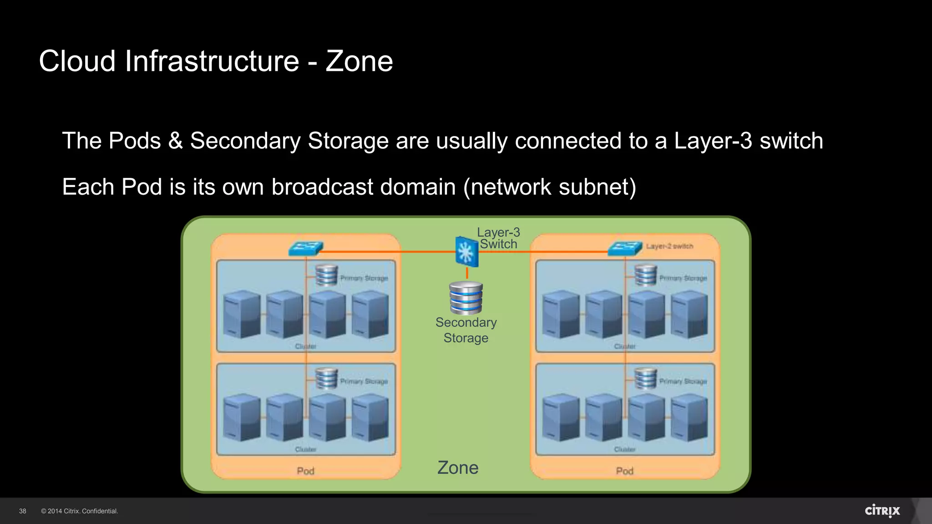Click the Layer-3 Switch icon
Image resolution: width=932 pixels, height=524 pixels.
pyautogui.click(x=466, y=252)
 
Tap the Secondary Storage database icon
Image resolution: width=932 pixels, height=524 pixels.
pyautogui.click(x=466, y=298)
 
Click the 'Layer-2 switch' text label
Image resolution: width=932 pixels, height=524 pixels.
pyautogui.click(x=669, y=246)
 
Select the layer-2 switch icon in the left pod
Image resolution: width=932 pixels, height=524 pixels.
pyautogui.click(x=306, y=248)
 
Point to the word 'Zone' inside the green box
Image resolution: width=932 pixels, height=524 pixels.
pyautogui.click(x=457, y=468)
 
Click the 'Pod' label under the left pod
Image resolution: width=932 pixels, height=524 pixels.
pyautogui.click(x=305, y=471)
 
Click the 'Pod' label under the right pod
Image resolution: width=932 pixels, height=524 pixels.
pyautogui.click(x=624, y=471)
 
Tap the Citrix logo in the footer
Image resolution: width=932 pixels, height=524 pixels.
pyautogui.click(x=882, y=511)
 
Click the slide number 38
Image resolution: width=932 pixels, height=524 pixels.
pyautogui.click(x=23, y=511)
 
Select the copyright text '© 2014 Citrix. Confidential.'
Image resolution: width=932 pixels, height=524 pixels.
pyautogui.click(x=80, y=511)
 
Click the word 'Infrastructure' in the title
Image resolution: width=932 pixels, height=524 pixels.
pyautogui.click(x=212, y=61)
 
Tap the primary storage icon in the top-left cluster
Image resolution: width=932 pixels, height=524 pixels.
pyautogui.click(x=326, y=275)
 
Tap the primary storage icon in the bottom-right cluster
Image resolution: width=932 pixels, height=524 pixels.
pyautogui.click(x=645, y=378)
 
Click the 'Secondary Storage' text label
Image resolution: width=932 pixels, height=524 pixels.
pyautogui.click(x=466, y=330)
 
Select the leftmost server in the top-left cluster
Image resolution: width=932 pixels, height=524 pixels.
pyautogui.click(x=242, y=314)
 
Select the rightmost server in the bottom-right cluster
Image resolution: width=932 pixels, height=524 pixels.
pyautogui.click(x=689, y=418)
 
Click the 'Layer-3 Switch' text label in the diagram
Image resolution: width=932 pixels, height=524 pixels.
pyautogui.click(x=498, y=238)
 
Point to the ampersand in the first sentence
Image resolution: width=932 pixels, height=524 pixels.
pyautogui.click(x=175, y=141)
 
